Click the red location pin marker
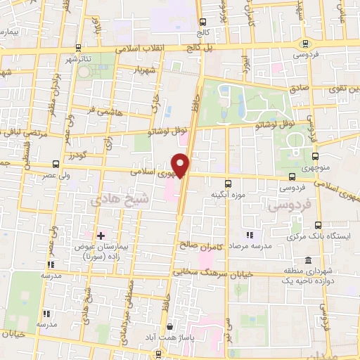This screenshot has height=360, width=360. [x=181, y=165]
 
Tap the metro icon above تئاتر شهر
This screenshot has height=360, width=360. [x=76, y=49]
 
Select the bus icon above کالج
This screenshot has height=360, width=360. [x=202, y=22]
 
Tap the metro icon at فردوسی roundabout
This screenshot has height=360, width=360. [x=304, y=44]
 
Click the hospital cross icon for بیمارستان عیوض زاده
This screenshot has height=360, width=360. [x=101, y=235]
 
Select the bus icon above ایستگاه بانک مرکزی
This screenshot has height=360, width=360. [x=318, y=225]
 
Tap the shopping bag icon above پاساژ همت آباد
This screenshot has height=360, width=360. [x=169, y=327]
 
